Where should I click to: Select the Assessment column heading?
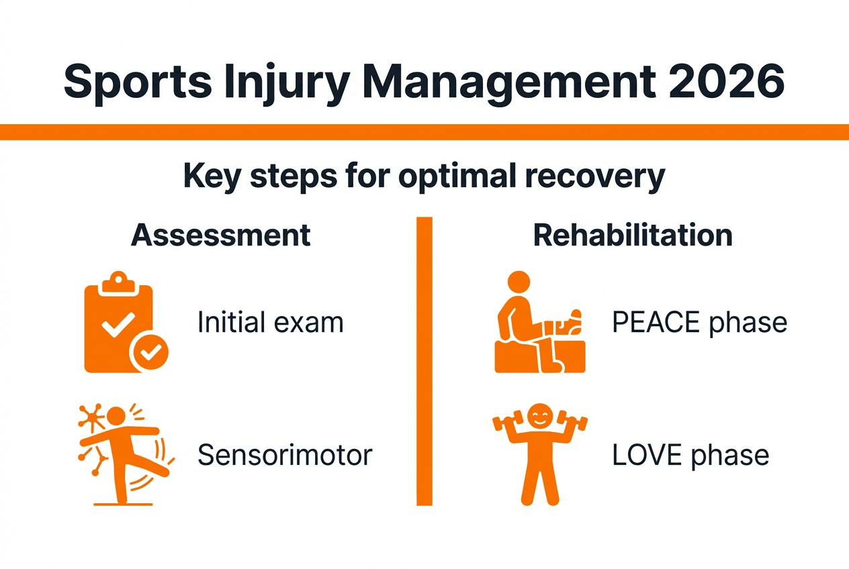point(221,236)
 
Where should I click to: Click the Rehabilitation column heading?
point(632,236)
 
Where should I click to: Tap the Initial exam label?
point(270,323)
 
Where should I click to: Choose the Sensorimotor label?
point(285,455)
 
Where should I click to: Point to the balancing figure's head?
point(117,416)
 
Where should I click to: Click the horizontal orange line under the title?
point(424,132)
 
